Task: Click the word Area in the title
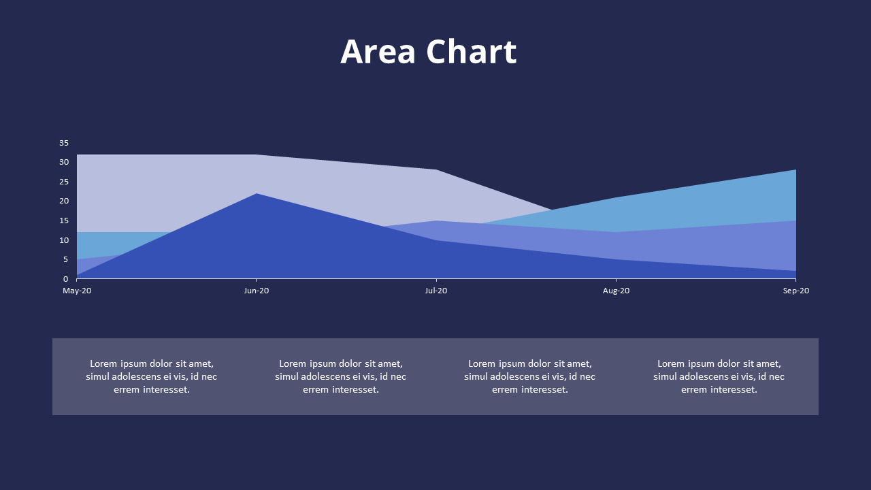[x=378, y=52]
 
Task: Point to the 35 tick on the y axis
[x=64, y=143]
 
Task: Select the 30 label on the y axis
[x=64, y=162]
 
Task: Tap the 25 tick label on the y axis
[x=64, y=182]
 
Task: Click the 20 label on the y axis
[x=64, y=201]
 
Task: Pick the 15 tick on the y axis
[x=64, y=220]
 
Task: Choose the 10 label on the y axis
[x=64, y=240]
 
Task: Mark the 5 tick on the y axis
[x=66, y=259]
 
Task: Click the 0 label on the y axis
[x=66, y=279]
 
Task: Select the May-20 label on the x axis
[x=77, y=291]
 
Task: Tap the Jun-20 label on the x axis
[x=257, y=291]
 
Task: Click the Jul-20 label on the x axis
[x=436, y=291]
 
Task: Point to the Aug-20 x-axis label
[x=616, y=291]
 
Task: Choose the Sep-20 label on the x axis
[x=795, y=291]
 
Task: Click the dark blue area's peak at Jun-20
[x=257, y=195]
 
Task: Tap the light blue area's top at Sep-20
[x=795, y=171]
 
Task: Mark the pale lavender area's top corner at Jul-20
[x=436, y=170]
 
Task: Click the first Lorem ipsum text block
[x=152, y=376]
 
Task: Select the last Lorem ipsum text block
[x=719, y=376]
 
